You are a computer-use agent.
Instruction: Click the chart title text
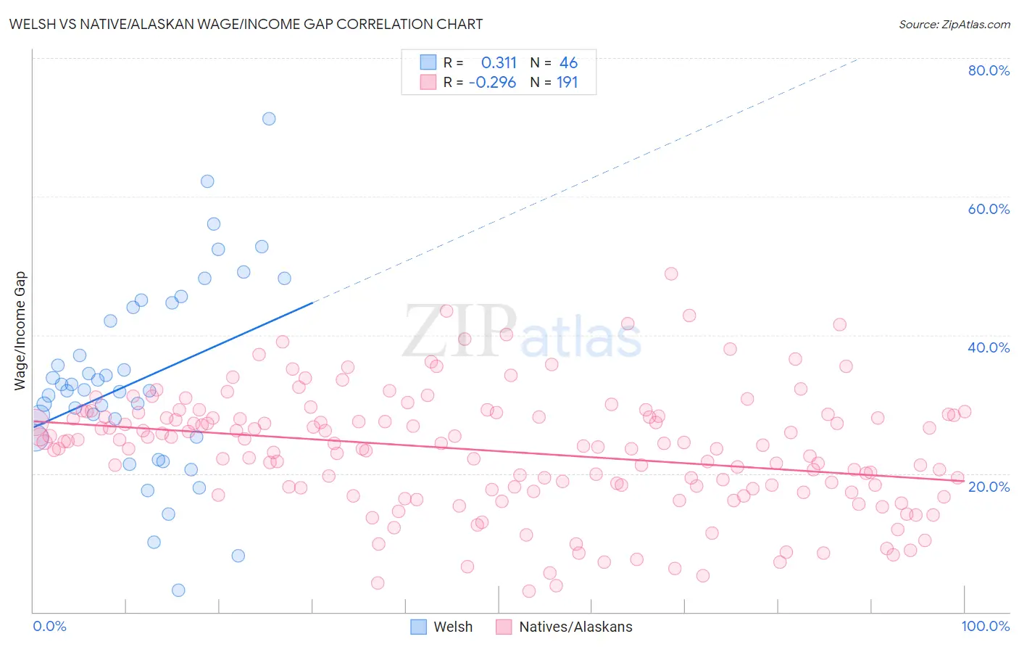pyautogui.click(x=246, y=24)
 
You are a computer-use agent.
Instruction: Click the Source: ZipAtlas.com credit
pyautogui.click(x=954, y=24)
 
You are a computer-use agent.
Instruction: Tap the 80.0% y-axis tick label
pyautogui.click(x=989, y=70)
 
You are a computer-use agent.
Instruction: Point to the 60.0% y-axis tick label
pyautogui.click(x=989, y=209)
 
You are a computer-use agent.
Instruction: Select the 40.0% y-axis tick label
pyautogui.click(x=989, y=347)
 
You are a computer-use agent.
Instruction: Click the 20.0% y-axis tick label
pyautogui.click(x=989, y=487)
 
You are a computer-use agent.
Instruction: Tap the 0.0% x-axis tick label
pyautogui.click(x=49, y=627)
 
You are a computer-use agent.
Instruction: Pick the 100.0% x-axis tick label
pyautogui.click(x=985, y=627)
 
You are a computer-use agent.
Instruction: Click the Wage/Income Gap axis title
pyautogui.click(x=20, y=331)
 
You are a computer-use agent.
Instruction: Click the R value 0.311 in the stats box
pyautogui.click(x=499, y=62)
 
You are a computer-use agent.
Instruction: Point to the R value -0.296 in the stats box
pyautogui.click(x=492, y=82)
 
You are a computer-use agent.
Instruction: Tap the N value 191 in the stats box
pyautogui.click(x=567, y=82)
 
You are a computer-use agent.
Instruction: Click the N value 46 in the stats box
pyautogui.click(x=568, y=62)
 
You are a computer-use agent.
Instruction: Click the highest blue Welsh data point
pyautogui.click(x=269, y=119)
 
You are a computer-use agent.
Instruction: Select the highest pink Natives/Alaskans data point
pyautogui.click(x=671, y=274)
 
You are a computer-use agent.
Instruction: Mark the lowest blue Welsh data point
pyautogui.click(x=178, y=590)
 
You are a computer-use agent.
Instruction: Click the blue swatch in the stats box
pyautogui.click(x=428, y=62)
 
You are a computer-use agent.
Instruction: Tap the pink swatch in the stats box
pyautogui.click(x=428, y=82)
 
